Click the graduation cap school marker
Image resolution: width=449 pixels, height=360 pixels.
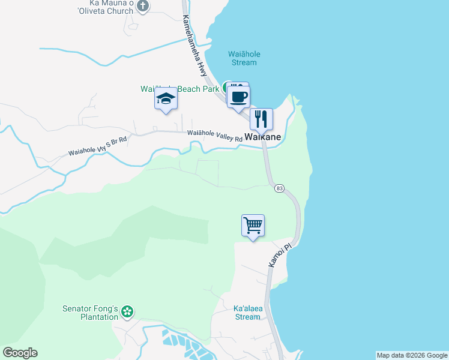coord(166,100)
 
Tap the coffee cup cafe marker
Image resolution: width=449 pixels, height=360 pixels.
coord(238,97)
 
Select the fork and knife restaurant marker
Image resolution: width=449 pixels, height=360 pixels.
coord(261,119)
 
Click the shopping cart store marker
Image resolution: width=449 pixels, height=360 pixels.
coord(253,226)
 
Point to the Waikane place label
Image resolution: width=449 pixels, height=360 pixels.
coord(262,137)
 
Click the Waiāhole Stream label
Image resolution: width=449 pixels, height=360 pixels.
coord(244,58)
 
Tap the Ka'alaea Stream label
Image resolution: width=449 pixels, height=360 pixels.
coord(247,313)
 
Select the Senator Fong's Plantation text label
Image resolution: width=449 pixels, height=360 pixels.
coord(90,313)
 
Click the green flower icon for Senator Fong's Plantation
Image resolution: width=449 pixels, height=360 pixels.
coord(127,311)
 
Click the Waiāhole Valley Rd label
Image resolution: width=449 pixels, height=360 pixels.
coord(214,136)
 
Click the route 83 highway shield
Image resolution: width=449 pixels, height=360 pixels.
coord(279,188)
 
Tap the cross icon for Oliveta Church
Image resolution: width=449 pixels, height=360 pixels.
coord(142,6)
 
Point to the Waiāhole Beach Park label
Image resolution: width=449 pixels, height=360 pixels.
coord(180,89)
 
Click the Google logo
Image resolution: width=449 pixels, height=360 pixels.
coord(20,353)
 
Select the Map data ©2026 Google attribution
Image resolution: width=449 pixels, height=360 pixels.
coord(412,355)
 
